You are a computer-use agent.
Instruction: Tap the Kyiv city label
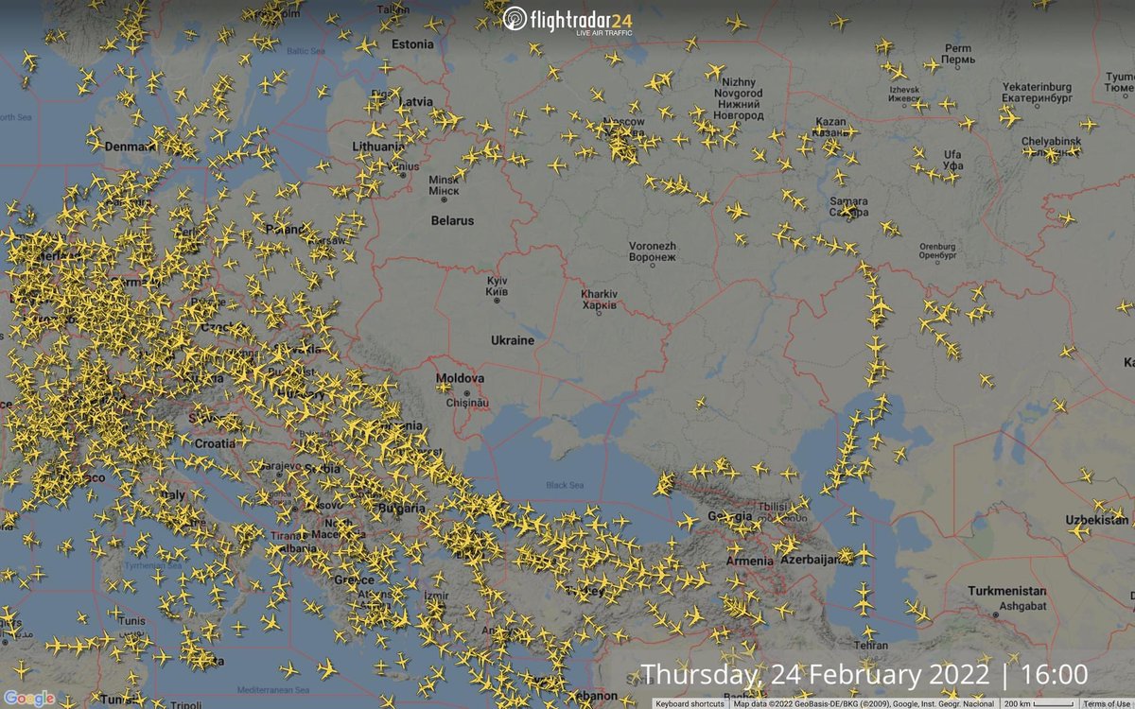[x=498, y=287]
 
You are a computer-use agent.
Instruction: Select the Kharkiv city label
[x=600, y=300]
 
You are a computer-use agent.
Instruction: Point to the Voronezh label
[x=653, y=251]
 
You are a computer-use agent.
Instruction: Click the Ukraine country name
[x=512, y=340]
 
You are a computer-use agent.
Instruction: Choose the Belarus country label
[x=452, y=220]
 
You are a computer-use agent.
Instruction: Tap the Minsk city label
[x=444, y=184]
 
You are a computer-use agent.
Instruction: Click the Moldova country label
[x=460, y=378]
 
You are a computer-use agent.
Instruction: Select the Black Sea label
[x=565, y=485]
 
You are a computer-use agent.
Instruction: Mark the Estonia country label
[x=412, y=44]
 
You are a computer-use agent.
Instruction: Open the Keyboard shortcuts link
[x=690, y=703]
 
